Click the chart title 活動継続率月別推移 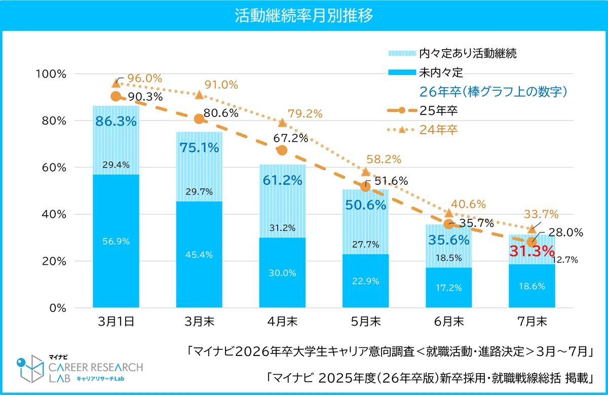[304, 15]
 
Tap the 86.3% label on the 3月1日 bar [116, 122]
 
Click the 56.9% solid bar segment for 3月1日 [116, 242]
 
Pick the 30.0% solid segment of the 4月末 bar [282, 273]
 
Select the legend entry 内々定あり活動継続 [452, 53]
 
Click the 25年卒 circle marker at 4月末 [282, 150]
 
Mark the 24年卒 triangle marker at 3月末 [199, 95]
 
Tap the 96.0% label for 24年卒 [144, 78]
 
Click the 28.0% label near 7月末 [566, 232]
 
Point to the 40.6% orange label [469, 205]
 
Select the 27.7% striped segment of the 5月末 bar [365, 245]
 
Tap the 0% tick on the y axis [55, 308]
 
